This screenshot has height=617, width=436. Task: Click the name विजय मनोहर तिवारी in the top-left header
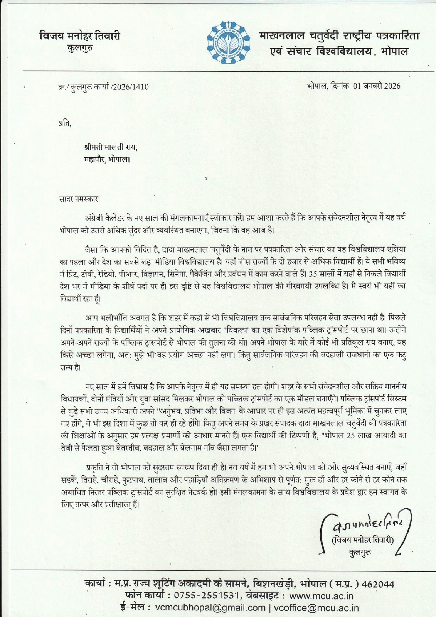[x=80, y=36]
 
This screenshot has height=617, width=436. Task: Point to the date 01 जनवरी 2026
[x=377, y=86]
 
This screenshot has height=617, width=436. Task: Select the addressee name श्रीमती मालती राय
[x=110, y=147]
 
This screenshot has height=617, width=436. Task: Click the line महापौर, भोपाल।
[x=107, y=158]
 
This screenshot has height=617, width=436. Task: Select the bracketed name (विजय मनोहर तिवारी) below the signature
[x=363, y=540]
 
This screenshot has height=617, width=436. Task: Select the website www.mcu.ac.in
[x=323, y=596]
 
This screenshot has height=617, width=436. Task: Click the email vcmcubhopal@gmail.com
[x=210, y=608]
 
